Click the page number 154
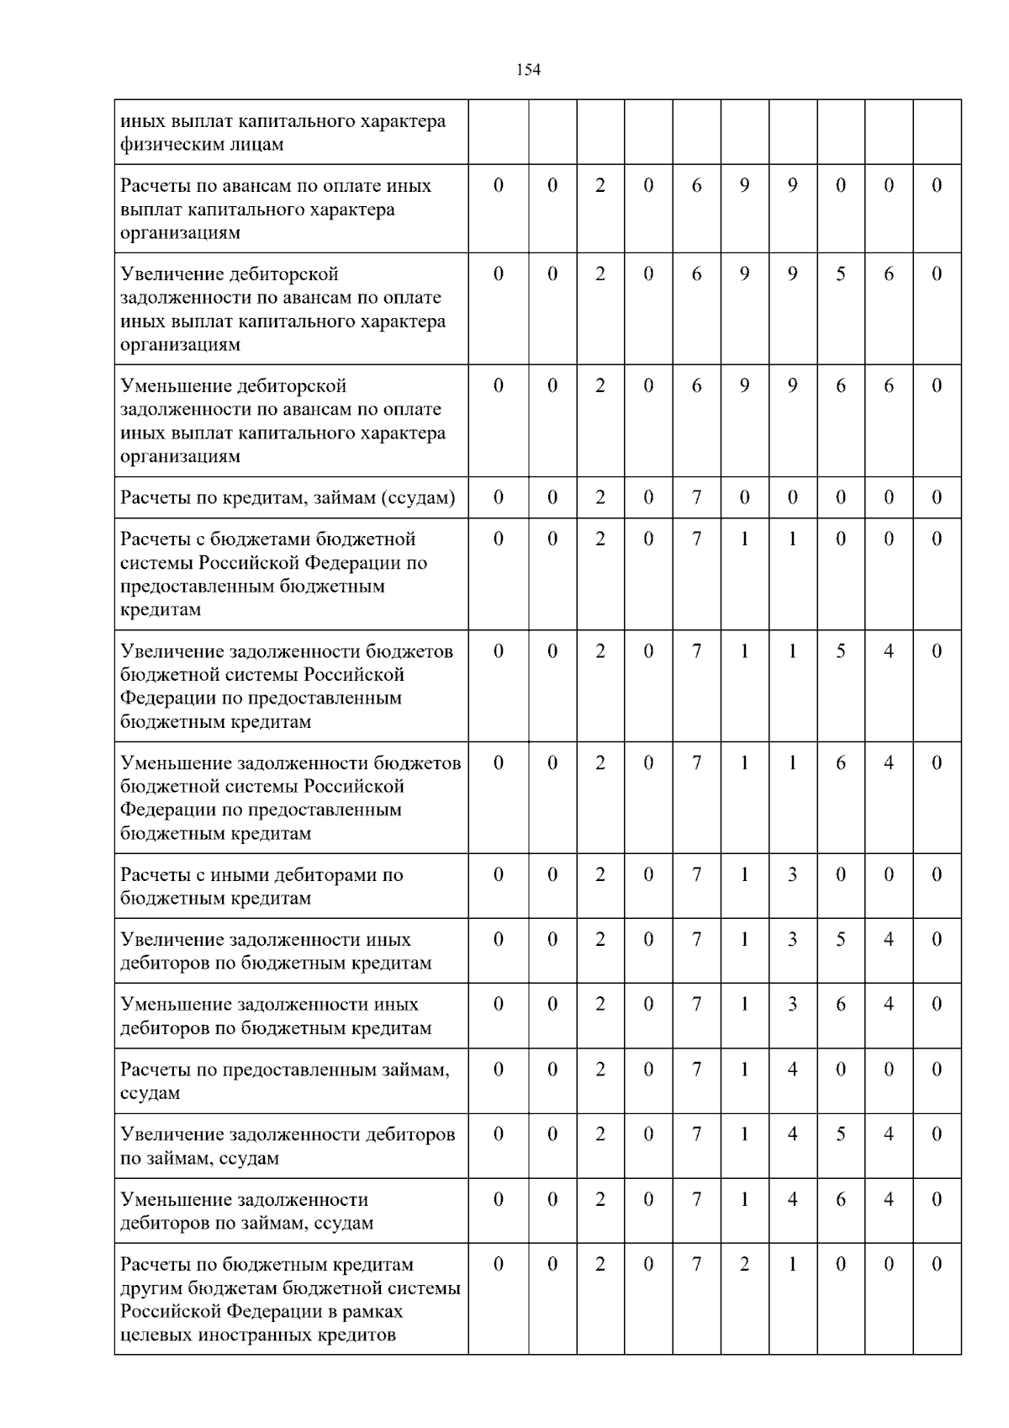coord(528,70)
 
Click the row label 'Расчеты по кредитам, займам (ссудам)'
coord(288,498)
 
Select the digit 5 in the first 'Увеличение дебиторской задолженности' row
coord(840,274)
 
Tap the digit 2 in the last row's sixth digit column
coord(744,1265)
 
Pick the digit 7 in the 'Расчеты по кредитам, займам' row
coord(696,498)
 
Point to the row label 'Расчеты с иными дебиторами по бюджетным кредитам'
coord(261,887)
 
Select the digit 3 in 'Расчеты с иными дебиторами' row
coord(792,875)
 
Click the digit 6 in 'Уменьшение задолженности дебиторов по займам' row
coord(840,1200)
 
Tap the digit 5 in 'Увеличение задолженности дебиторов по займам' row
coord(840,1135)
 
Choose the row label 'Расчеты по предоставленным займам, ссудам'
coord(284,1081)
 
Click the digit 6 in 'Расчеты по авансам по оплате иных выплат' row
coord(696,186)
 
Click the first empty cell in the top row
coord(498,132)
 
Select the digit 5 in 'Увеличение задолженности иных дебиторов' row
coord(840,940)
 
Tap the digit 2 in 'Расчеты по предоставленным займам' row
coord(600,1070)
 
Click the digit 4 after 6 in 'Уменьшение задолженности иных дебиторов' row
coord(888,1005)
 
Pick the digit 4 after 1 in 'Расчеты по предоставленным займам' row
coord(792,1070)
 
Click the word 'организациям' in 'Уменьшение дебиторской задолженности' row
coord(180,457)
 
